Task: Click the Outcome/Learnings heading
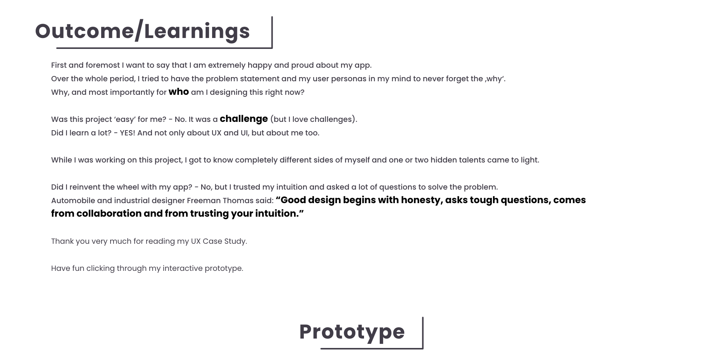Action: pyautogui.click(x=143, y=31)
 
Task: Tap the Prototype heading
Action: pyautogui.click(x=352, y=332)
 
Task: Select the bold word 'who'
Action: pyautogui.click(x=179, y=92)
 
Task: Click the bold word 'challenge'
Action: pyautogui.click(x=244, y=119)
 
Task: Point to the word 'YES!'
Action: pyautogui.click(x=127, y=133)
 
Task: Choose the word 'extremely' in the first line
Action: pyautogui.click(x=227, y=65)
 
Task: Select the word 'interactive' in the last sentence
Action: pyautogui.click(x=182, y=268)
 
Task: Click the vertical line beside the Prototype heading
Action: pyautogui.click(x=423, y=333)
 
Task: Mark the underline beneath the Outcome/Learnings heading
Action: pyautogui.click(x=164, y=48)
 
